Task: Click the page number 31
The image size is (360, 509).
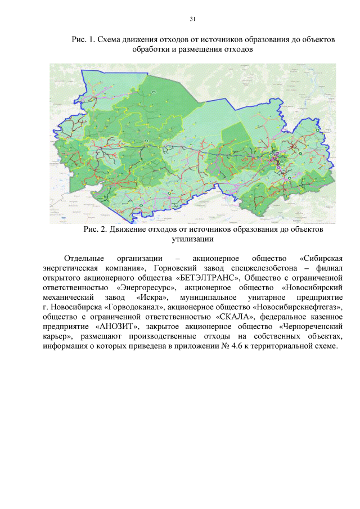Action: (x=192, y=19)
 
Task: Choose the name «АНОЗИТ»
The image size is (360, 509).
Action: (x=119, y=326)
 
